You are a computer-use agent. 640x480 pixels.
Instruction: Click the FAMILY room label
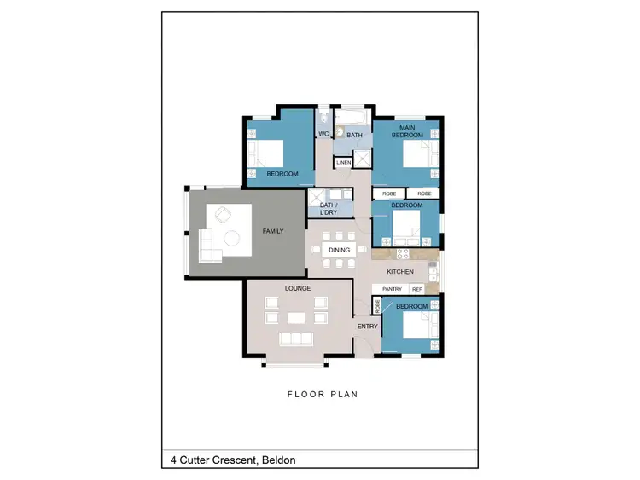click(x=273, y=231)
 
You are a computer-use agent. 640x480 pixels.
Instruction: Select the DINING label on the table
click(x=339, y=250)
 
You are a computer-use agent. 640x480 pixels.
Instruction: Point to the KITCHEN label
click(x=399, y=272)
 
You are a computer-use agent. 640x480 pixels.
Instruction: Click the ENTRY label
click(x=367, y=326)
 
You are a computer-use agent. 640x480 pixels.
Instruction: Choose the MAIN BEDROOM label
click(x=405, y=130)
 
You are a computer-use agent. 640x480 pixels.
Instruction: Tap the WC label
click(x=323, y=134)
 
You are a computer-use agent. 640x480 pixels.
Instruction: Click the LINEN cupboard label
click(x=343, y=162)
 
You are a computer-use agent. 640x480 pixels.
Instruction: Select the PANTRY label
click(x=392, y=289)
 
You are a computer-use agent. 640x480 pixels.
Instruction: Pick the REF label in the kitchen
click(x=417, y=289)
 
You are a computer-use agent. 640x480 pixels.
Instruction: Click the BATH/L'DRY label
click(x=329, y=209)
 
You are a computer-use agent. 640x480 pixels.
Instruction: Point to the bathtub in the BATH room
click(x=352, y=118)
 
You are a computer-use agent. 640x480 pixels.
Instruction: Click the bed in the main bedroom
click(x=416, y=155)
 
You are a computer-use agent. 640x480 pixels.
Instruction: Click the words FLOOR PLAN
click(x=322, y=395)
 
